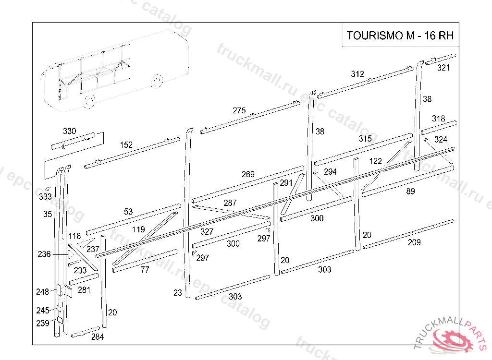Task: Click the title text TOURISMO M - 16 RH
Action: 400,36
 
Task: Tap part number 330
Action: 69,131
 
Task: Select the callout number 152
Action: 126,145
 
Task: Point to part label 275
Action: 239,110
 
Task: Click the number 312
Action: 357,74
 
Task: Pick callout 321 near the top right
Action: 443,68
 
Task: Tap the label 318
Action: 438,119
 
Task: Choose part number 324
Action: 441,140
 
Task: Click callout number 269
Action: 248,174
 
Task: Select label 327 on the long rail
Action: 207,232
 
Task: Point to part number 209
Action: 414,242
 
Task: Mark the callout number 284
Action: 97,337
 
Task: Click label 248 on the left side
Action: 42,292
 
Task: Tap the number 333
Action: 45,197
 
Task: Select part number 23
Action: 178,293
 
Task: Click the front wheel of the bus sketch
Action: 89,102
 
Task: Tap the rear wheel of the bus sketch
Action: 157,81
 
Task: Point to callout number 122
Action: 376,161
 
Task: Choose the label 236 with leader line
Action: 44,254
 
